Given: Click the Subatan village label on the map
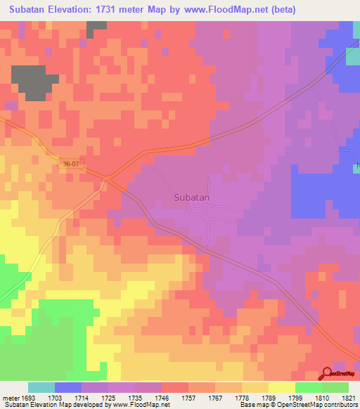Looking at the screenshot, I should click(192, 197).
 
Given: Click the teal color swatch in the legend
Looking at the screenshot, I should click(41, 387).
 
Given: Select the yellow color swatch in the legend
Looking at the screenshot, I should click(282, 387).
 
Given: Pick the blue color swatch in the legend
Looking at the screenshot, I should click(68, 387).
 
